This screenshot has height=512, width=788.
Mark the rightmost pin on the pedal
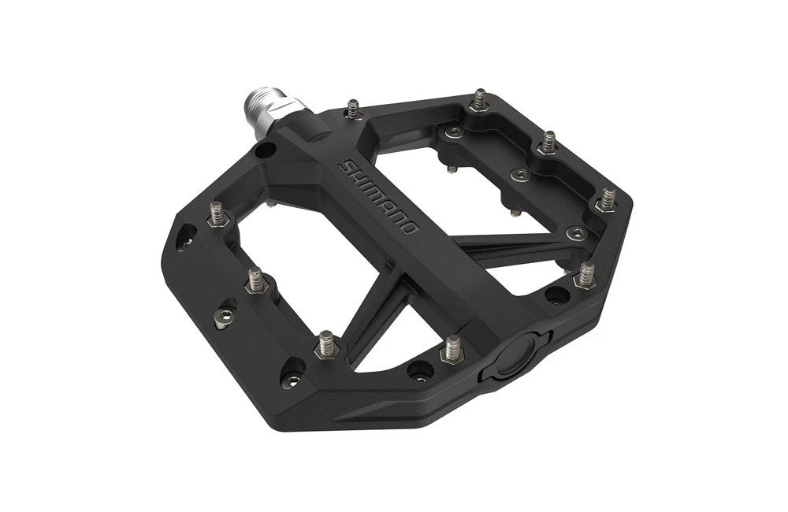tap(608, 198)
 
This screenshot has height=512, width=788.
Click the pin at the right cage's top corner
tap(479, 100)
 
